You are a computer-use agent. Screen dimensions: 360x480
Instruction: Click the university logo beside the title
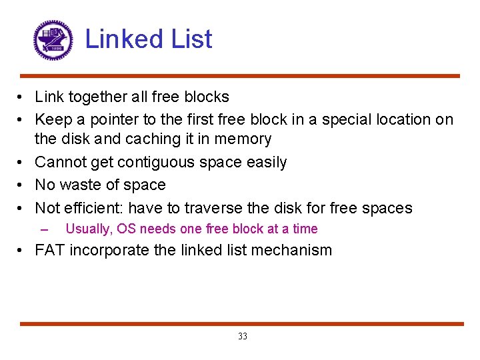coord(53,40)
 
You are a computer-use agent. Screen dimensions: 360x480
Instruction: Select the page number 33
coord(242,337)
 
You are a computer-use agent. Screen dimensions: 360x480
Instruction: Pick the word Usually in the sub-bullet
coord(88,229)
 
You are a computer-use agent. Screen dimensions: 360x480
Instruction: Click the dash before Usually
coord(45,229)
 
